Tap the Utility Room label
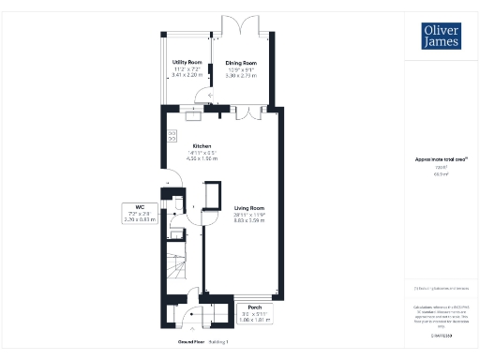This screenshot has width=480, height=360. pos(187,63)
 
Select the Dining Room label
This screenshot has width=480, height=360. pos(240,63)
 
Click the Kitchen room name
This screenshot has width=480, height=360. pos(202,146)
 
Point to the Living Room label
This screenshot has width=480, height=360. pos(249,207)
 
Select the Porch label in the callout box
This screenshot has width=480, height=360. pos(254,307)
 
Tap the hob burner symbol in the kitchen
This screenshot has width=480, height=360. pos(172,136)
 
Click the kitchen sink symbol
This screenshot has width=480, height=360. pos(194,117)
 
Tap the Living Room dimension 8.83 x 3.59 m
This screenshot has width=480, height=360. pos(249,220)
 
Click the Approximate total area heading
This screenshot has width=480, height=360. pos(433,159)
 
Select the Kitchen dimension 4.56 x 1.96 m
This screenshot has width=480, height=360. pos(202,159)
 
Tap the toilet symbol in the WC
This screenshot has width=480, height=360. pos(176,205)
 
